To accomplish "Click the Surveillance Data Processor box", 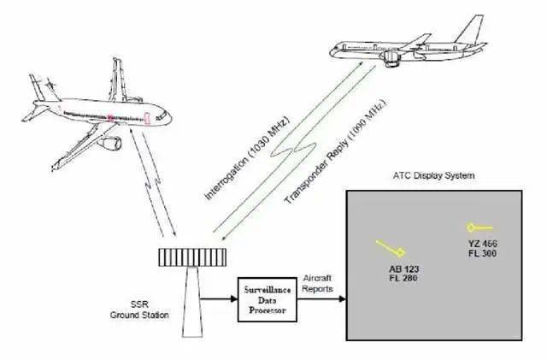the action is [268, 299].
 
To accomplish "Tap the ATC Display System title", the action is [433, 175].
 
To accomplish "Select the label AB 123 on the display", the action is [403, 269].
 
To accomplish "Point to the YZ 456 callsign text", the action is [483, 244].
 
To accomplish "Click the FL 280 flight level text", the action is [403, 278].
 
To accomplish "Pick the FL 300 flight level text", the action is [482, 253].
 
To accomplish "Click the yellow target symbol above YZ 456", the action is [479, 228].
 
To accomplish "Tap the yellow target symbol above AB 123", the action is [391, 248].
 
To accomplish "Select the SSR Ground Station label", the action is [139, 310].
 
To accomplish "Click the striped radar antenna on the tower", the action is [192, 257].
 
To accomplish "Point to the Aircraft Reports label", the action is [317, 284].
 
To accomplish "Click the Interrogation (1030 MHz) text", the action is [247, 158].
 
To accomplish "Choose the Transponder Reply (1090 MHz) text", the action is [336, 152].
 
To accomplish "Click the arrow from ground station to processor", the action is [219, 299].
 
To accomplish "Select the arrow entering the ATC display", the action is [321, 299].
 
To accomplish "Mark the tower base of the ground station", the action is [192, 302].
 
